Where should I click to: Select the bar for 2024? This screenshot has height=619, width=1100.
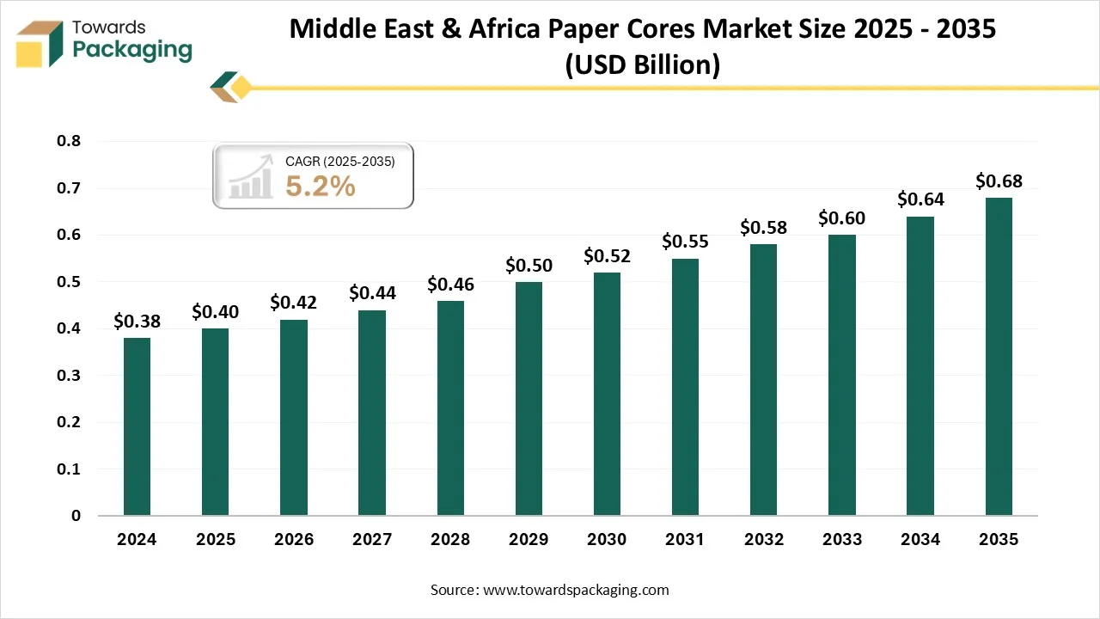pyautogui.click(x=137, y=426)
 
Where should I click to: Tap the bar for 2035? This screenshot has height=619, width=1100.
pyautogui.click(x=999, y=356)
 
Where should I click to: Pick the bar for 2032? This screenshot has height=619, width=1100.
pyautogui.click(x=763, y=379)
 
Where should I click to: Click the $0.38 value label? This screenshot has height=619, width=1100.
pyautogui.click(x=137, y=321)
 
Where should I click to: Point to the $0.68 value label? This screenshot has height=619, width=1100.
pyautogui.click(x=999, y=181)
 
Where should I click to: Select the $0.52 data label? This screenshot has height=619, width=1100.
pyautogui.click(x=608, y=255)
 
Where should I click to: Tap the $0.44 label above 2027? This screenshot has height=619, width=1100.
pyautogui.click(x=372, y=293)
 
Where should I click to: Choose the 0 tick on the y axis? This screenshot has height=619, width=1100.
pyautogui.click(x=76, y=516)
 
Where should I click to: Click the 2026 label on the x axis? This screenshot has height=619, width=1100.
pyautogui.click(x=294, y=540)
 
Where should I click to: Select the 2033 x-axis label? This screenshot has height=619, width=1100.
pyautogui.click(x=842, y=540)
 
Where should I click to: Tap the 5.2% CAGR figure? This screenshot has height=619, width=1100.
pyautogui.click(x=321, y=186)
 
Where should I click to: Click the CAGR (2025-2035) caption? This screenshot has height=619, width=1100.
pyautogui.click(x=339, y=161)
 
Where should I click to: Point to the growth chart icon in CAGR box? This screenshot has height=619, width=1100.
pyautogui.click(x=250, y=177)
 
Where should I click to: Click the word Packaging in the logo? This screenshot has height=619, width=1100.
pyautogui.click(x=132, y=49)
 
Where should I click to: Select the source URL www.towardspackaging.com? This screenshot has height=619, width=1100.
pyautogui.click(x=576, y=590)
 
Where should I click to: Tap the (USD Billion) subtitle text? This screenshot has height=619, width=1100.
pyautogui.click(x=642, y=64)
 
